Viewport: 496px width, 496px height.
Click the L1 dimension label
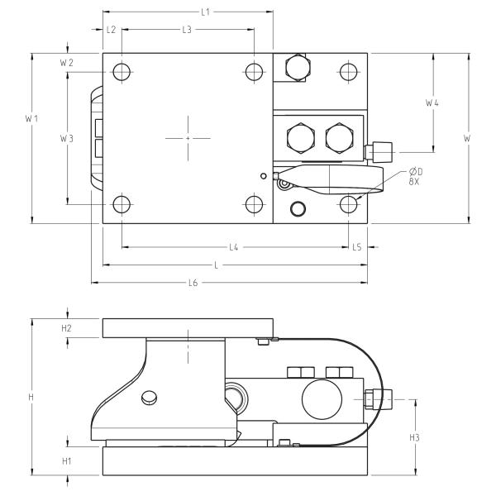click(x=206, y=12)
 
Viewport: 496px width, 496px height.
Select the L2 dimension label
click(x=112, y=29)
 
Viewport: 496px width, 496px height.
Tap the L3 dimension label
click(x=187, y=29)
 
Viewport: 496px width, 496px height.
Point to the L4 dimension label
click(x=234, y=247)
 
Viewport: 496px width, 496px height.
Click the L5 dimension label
click(x=357, y=247)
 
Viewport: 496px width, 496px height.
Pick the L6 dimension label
click(x=193, y=283)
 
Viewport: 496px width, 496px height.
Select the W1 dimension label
click(x=31, y=119)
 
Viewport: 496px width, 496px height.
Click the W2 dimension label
click(x=67, y=63)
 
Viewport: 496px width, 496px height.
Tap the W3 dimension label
click(x=67, y=138)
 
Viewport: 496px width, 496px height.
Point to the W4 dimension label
click(x=432, y=103)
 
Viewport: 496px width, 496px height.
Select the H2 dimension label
click(x=67, y=328)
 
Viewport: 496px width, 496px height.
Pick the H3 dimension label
click(x=416, y=436)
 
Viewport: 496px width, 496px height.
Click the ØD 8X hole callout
click(x=417, y=175)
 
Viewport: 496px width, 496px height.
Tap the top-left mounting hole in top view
click(x=122, y=72)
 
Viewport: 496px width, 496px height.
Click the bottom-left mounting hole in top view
click(x=122, y=203)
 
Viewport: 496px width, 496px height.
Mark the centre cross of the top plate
click(x=188, y=137)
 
